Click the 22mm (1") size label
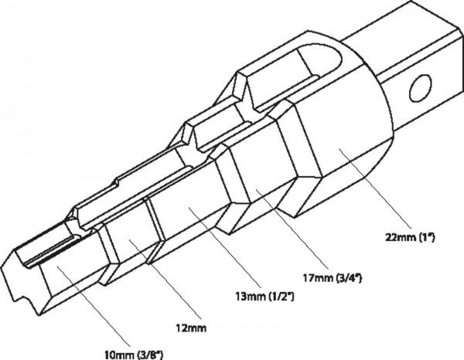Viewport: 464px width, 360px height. click(x=410, y=237)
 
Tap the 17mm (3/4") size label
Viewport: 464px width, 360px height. click(x=333, y=278)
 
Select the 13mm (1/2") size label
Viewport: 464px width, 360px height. click(x=264, y=297)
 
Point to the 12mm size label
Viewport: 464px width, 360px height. click(x=191, y=328)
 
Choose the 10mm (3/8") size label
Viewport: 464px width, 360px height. click(x=134, y=355)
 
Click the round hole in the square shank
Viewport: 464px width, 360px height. click(x=420, y=88)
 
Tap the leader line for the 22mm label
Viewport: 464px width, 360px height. click(x=375, y=188)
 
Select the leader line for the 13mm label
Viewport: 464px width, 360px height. click(x=225, y=247)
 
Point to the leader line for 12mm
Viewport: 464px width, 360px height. click(x=165, y=280)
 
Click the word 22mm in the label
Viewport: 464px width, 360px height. click(x=401, y=237)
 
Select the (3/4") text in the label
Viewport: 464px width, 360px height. click(x=350, y=278)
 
